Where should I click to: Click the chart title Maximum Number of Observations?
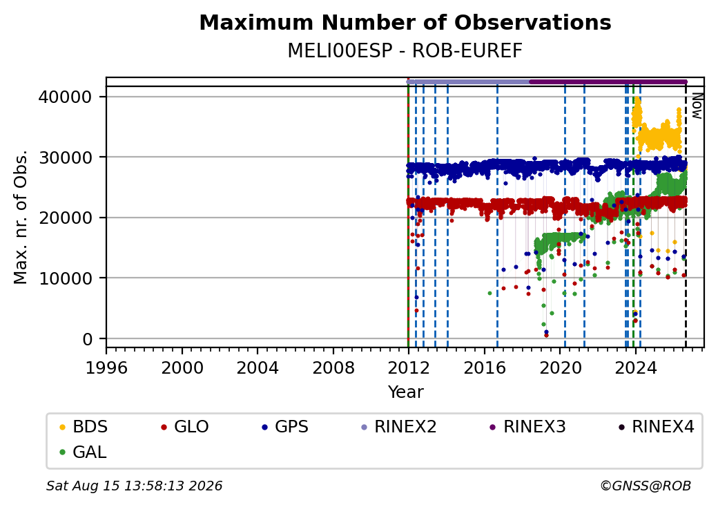(x=405, y=22)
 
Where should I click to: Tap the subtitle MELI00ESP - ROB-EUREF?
(x=405, y=51)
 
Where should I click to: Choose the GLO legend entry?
(x=185, y=427)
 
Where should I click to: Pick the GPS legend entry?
(x=285, y=427)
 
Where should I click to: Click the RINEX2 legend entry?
(x=399, y=427)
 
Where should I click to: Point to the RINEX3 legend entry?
(x=528, y=427)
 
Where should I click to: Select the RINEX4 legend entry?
(x=657, y=427)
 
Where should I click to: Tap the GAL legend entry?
(x=84, y=452)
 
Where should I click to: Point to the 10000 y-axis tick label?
(x=66, y=278)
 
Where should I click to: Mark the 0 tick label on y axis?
(x=88, y=339)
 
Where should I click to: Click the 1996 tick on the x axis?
(x=106, y=367)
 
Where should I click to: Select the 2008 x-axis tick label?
(x=333, y=367)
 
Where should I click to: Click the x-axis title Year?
(x=406, y=392)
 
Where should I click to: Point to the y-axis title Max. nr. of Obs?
(x=21, y=217)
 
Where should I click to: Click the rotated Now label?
(x=697, y=106)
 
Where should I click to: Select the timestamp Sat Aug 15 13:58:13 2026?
(x=134, y=486)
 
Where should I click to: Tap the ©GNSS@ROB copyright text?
(x=646, y=486)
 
